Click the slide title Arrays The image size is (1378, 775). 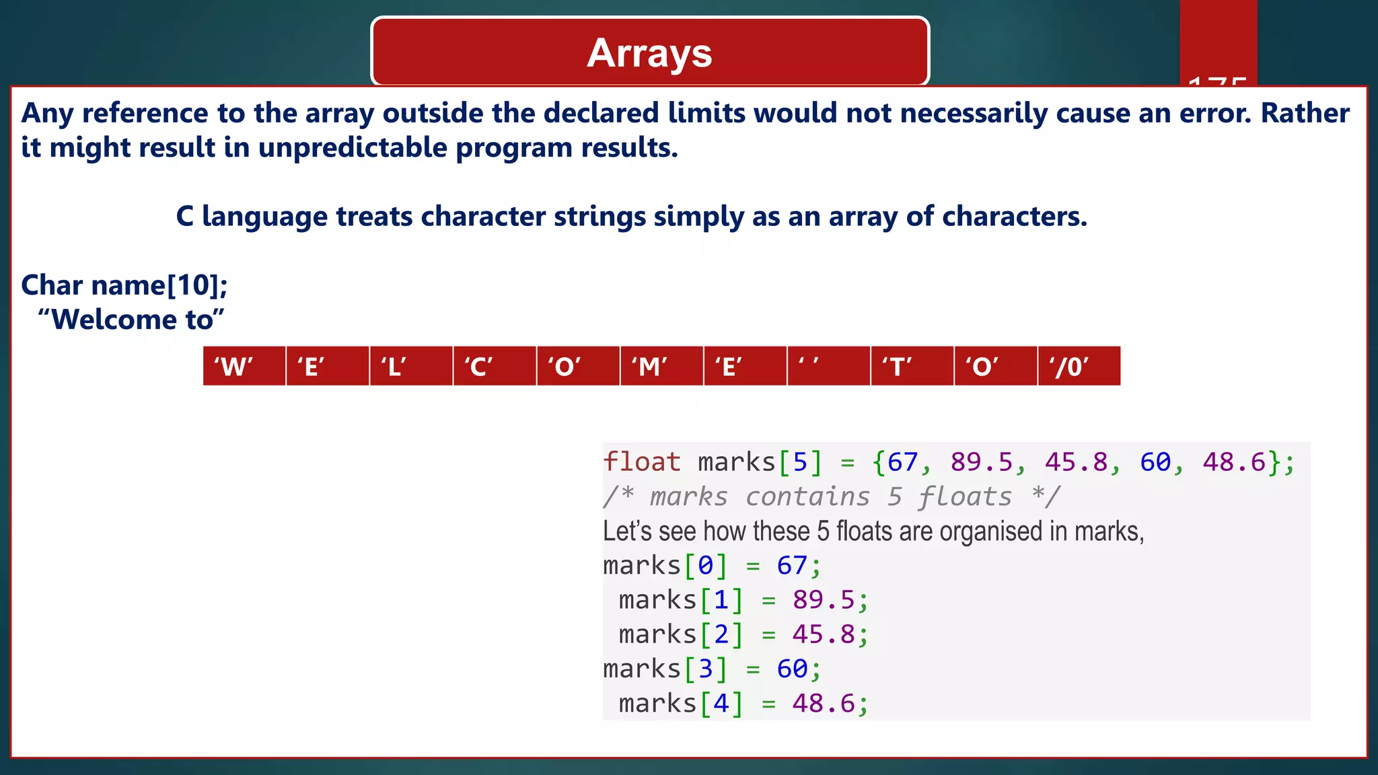(x=649, y=53)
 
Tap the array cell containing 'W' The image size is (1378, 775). (x=244, y=367)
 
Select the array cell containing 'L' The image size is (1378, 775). (x=410, y=367)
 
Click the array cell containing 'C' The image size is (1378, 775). (x=494, y=367)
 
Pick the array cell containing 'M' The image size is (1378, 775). (x=661, y=367)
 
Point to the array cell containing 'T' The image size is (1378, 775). (x=912, y=367)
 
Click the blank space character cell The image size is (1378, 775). (x=828, y=367)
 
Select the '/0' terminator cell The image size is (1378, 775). (x=1079, y=367)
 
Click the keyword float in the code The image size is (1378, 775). (x=642, y=462)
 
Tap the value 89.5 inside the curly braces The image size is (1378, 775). (x=981, y=462)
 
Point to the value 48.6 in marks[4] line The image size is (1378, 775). (x=823, y=704)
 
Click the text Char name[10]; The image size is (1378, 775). (x=124, y=285)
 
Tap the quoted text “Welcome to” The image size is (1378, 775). (x=131, y=320)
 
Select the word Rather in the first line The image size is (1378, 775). (x=1305, y=113)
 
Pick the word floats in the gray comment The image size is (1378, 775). (x=965, y=497)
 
